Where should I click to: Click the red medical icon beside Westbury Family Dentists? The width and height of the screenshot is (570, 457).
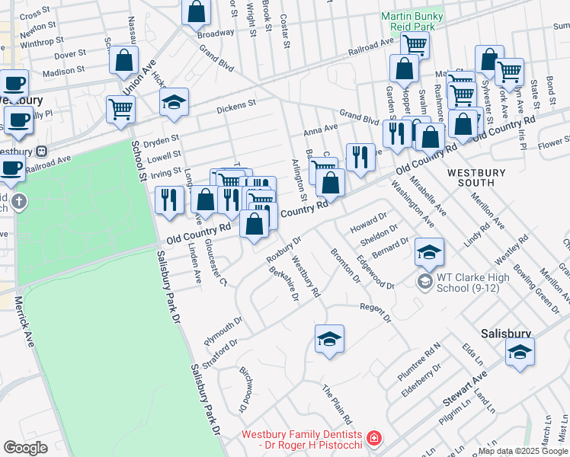click(x=373, y=438)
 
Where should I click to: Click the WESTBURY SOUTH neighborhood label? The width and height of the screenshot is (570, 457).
click(x=476, y=177)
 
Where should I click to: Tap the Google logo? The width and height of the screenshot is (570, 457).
click(x=26, y=447)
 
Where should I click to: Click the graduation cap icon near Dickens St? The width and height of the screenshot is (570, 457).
click(x=175, y=104)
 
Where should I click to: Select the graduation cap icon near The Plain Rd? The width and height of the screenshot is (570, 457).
click(x=329, y=339)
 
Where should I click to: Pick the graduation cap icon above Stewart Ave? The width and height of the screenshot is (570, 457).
click(x=520, y=352)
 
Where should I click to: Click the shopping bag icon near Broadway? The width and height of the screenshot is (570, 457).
click(x=196, y=11)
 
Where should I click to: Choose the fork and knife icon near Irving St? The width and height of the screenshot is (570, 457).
click(x=168, y=200)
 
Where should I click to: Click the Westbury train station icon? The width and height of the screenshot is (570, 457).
click(x=42, y=151)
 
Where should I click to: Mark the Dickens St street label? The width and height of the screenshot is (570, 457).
click(x=235, y=106)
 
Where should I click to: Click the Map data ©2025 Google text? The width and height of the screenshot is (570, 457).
click(x=523, y=451)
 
